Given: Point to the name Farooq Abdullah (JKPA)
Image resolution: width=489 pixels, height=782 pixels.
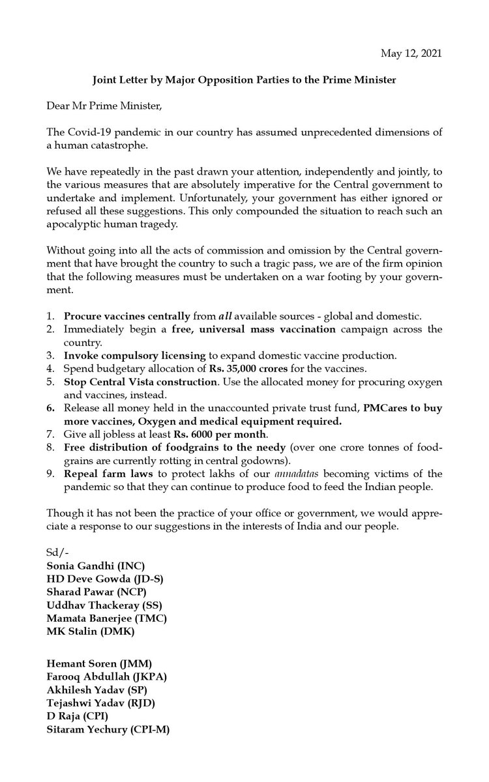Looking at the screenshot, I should click(x=106, y=676).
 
